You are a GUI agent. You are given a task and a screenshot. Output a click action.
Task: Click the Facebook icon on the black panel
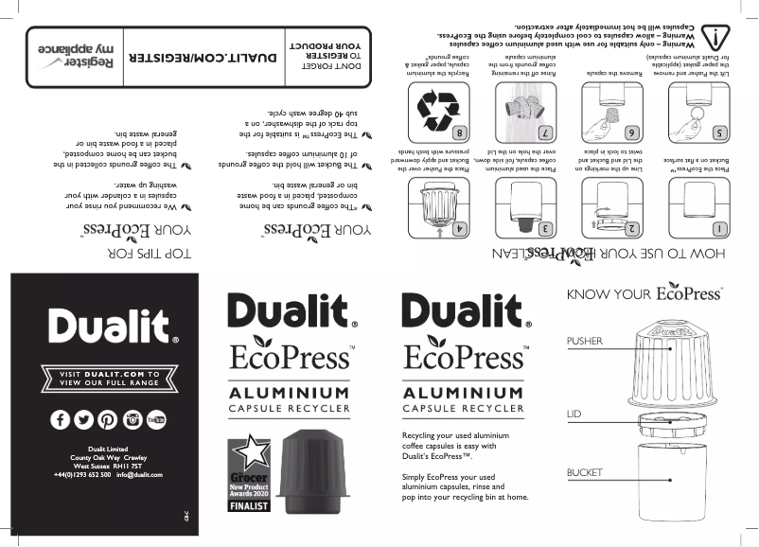coord(59,420)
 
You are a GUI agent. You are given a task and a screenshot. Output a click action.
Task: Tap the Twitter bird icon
coord(83,420)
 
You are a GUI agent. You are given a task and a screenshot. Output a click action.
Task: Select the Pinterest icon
coord(108,420)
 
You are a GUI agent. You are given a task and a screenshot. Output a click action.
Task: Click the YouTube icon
coord(157,420)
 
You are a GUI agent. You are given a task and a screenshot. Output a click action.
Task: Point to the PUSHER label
coord(585,340)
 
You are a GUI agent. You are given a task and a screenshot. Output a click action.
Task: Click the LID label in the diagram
coord(573,415)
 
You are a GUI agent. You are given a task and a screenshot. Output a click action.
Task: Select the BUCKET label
coord(584,471)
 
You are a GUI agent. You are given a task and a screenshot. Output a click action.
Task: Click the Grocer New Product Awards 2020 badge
coord(248,476)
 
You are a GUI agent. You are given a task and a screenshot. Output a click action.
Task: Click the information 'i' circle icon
coord(718,37)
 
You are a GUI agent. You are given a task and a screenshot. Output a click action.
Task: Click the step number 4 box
coord(458,229)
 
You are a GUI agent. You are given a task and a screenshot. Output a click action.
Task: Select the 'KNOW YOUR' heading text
coord(609,294)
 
